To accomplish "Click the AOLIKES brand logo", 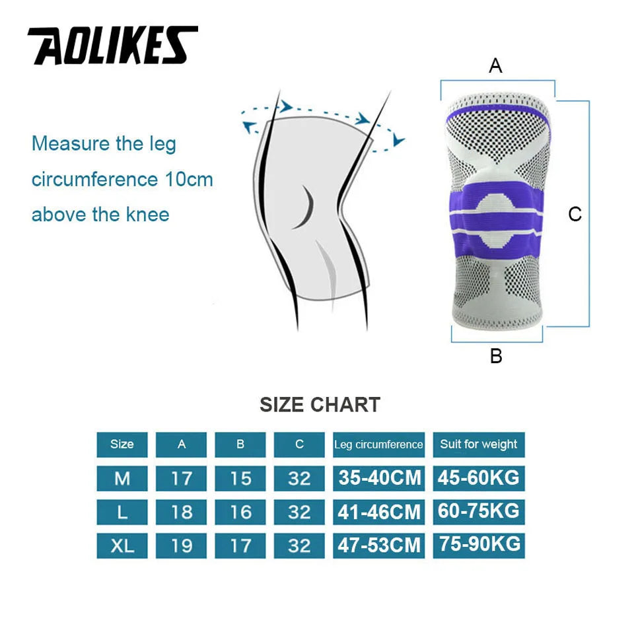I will pyautogui.click(x=112, y=46).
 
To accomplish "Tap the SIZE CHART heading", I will pyautogui.click(x=320, y=404).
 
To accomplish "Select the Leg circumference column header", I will pyautogui.click(x=378, y=444).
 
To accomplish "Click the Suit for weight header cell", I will pyautogui.click(x=479, y=444).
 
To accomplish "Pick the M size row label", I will pyautogui.click(x=122, y=478).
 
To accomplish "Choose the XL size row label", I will pyautogui.click(x=122, y=546).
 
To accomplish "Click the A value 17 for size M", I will pyautogui.click(x=182, y=478).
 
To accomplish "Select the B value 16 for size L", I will pyautogui.click(x=240, y=512).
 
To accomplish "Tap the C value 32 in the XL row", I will pyautogui.click(x=299, y=546).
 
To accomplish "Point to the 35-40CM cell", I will pyautogui.click(x=379, y=478).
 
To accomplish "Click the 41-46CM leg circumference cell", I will pyautogui.click(x=379, y=512).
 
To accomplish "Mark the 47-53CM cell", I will pyautogui.click(x=379, y=546).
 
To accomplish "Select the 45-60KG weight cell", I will pyautogui.click(x=479, y=477).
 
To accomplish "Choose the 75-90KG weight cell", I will pyautogui.click(x=479, y=545).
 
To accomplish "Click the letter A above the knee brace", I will pyautogui.click(x=495, y=66).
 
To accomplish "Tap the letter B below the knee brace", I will pyautogui.click(x=496, y=356).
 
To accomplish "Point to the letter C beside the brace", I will pyautogui.click(x=575, y=214).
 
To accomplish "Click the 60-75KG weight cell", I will pyautogui.click(x=479, y=511).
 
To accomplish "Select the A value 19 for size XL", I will pyautogui.click(x=182, y=546).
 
